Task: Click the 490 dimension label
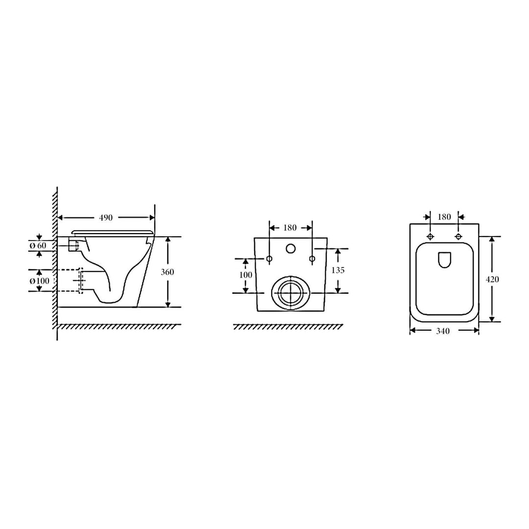tap(106, 217)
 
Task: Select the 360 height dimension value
tap(168, 272)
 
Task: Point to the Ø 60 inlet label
tap(37, 245)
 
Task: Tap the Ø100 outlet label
tap(39, 281)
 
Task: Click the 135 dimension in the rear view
tap(338, 270)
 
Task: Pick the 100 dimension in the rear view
tap(245, 275)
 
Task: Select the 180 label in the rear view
tap(290, 228)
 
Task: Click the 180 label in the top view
tap(444, 217)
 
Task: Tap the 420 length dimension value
tap(492, 279)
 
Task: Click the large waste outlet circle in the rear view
tap(291, 292)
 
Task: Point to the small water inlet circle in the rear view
tap(290, 249)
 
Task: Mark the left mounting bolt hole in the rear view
tap(269, 258)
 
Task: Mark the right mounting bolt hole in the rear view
tap(312, 258)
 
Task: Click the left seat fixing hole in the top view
tap(430, 237)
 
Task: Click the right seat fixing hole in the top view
tap(458, 237)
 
